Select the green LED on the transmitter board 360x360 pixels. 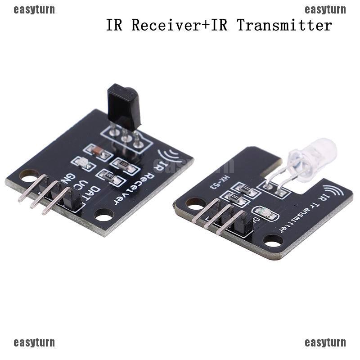click(265, 213)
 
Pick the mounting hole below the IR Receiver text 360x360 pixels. click(104, 215)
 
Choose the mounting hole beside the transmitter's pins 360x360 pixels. click(196, 204)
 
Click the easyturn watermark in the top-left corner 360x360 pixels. click(34, 9)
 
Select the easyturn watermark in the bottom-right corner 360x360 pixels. click(325, 342)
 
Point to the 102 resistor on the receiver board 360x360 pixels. click(110, 177)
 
